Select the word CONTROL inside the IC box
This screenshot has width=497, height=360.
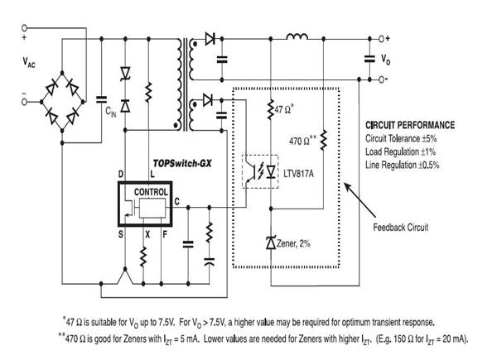pos(151,191)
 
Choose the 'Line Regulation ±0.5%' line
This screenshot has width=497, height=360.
pos(403,165)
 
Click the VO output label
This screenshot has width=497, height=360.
pos(384,60)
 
